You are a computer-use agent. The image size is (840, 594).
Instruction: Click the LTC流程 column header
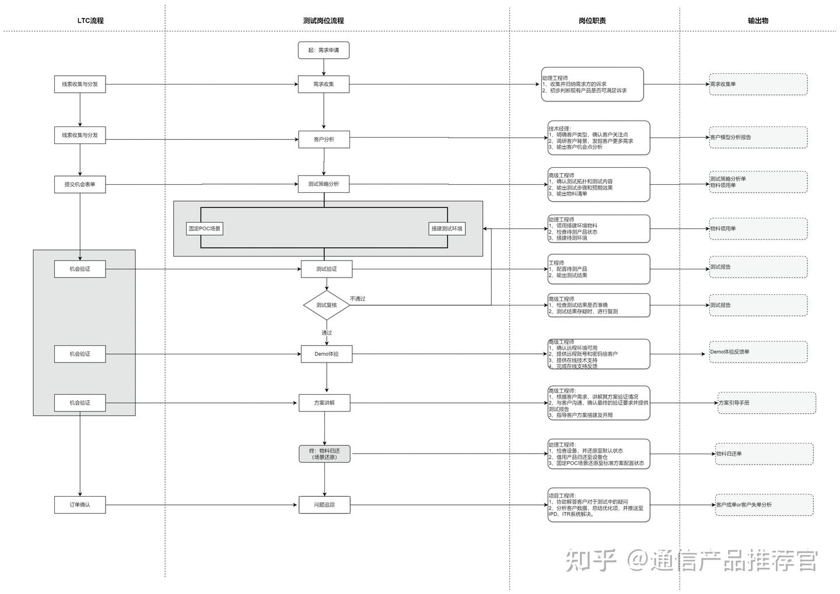pos(90,20)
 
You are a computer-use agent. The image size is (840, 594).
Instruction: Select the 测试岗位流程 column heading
pos(324,20)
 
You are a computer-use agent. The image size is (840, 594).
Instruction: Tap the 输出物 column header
pos(758,20)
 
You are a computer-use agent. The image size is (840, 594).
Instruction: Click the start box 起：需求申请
pos(324,50)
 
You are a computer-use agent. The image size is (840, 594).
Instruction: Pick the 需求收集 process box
pos(324,84)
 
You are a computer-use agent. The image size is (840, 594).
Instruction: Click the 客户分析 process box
pos(324,139)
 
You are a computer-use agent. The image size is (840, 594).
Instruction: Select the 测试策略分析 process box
pos(324,184)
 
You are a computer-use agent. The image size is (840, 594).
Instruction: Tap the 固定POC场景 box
pos(205,229)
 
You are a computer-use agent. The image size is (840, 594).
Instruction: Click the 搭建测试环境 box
pos(447,229)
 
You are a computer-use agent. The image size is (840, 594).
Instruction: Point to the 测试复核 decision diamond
pos(327,305)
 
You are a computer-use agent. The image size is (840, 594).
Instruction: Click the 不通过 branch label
pos(358,299)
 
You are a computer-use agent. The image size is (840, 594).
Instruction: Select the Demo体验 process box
pos(327,354)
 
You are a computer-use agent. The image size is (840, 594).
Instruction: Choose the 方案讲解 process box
pos(324,403)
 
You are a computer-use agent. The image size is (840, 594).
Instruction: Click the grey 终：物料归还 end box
pos(324,454)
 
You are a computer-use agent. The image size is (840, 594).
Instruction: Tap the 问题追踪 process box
pos(324,505)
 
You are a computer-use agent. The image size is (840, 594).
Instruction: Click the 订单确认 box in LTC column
pos(80,505)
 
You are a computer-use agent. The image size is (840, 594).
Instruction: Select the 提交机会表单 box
pos(80,184)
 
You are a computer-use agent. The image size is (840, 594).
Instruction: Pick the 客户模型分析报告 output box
pos(758,138)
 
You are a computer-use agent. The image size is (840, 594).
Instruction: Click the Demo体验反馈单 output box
pos(758,352)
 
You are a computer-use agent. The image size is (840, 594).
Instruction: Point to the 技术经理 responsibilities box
pos(598,138)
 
